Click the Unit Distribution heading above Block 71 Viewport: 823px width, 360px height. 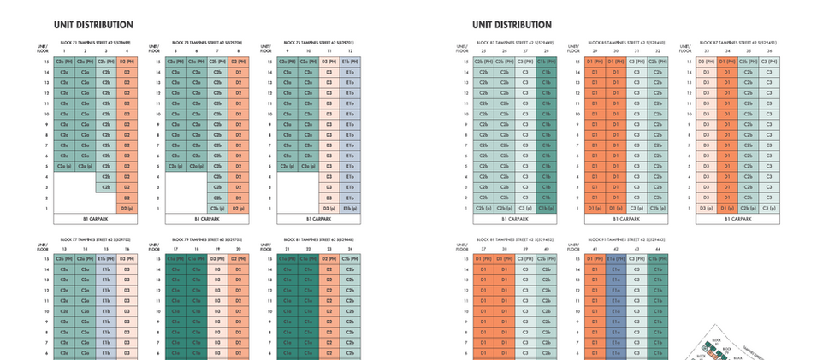[x=92, y=25]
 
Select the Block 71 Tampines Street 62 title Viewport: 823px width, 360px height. [x=94, y=42]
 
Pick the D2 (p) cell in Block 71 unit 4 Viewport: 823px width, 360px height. [x=126, y=208]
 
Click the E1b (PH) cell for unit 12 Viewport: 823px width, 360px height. [x=350, y=62]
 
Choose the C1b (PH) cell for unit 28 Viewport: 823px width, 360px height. [x=547, y=62]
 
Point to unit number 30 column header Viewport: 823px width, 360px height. [x=614, y=51]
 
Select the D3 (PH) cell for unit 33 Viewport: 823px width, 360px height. [x=704, y=62]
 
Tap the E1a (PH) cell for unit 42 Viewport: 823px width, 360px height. [x=614, y=257]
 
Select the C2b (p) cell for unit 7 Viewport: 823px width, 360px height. [x=217, y=208]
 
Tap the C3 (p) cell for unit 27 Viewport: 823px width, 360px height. [x=525, y=208]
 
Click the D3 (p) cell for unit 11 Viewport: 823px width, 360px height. [x=329, y=208]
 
